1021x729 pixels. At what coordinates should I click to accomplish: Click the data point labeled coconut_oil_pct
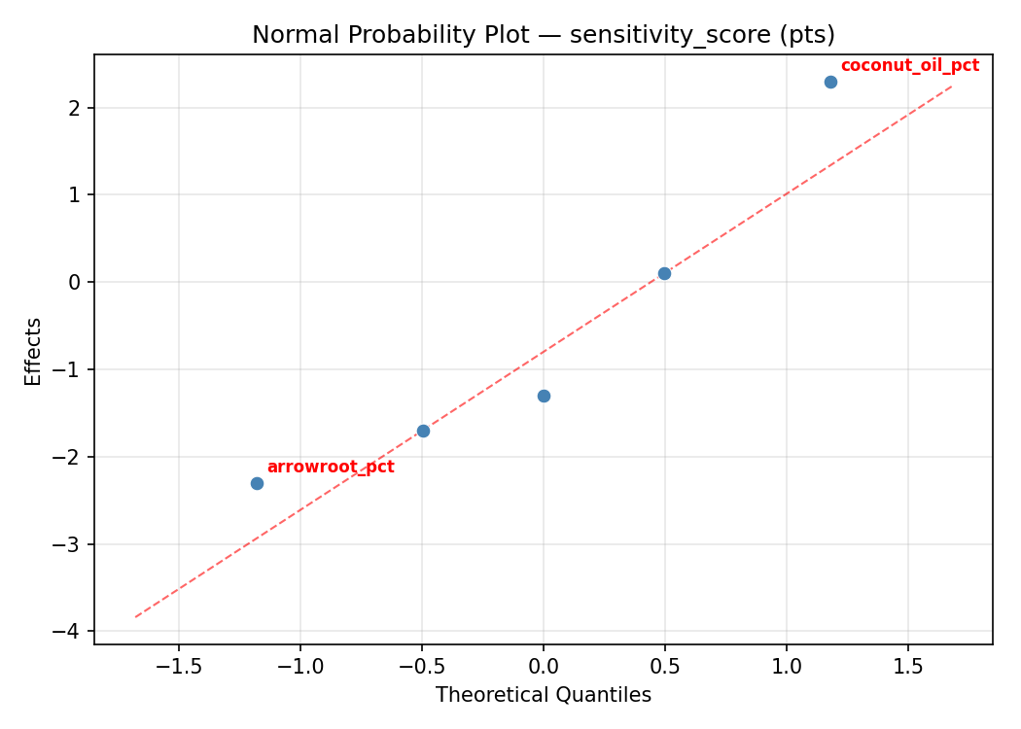point(830,82)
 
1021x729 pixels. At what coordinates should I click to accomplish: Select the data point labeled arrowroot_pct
point(257,483)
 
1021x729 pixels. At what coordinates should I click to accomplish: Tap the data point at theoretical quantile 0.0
point(544,396)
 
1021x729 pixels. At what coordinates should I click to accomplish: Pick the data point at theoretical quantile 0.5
point(664,273)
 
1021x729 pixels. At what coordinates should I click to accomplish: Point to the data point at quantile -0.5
point(423,431)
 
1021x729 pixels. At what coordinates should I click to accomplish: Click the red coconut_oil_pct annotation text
point(909,66)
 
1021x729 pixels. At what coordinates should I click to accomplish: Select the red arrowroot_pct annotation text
point(331,468)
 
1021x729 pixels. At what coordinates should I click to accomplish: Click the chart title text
point(544,35)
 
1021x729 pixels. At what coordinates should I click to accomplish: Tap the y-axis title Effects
point(34,351)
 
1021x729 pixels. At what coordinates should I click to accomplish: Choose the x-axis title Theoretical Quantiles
point(544,695)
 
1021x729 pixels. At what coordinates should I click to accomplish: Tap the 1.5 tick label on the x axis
point(907,668)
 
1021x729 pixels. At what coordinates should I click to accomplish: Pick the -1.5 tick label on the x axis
point(179,668)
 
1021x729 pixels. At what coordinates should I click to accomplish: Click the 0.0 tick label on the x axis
point(544,668)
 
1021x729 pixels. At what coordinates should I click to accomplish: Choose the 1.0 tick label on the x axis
point(786,668)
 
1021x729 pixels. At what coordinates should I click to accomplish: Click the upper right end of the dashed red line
point(952,87)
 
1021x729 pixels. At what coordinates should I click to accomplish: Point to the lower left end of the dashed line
point(135,616)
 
